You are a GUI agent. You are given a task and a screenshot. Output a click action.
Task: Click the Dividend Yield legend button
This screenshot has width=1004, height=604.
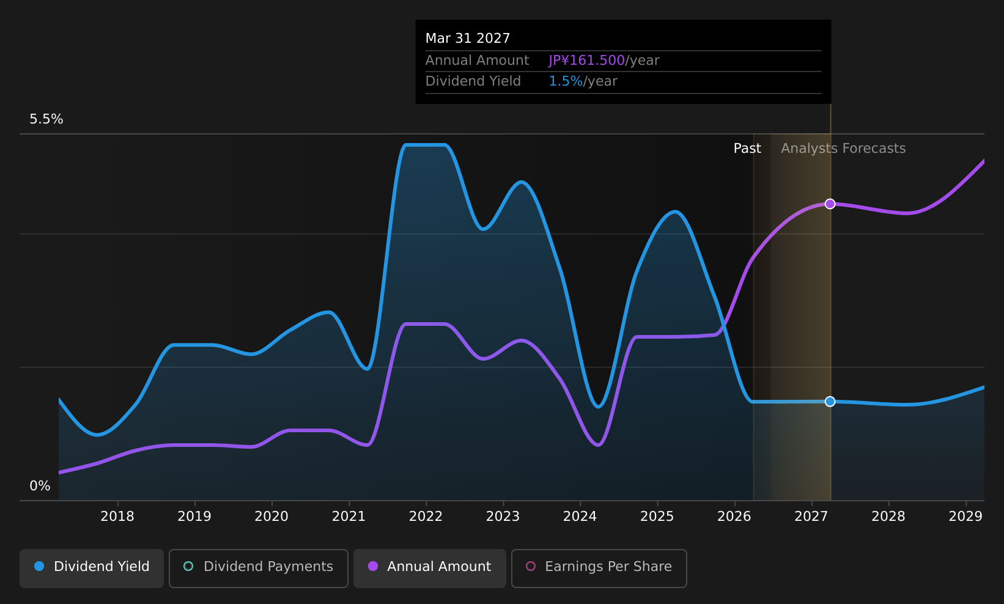coord(92,568)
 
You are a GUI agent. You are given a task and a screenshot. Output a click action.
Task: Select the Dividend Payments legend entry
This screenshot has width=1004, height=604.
coord(259,568)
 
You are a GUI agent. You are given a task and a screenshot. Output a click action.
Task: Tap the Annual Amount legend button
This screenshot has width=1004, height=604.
coord(429,568)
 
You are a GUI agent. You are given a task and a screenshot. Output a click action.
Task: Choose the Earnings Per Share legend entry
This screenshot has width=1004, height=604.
coord(599,568)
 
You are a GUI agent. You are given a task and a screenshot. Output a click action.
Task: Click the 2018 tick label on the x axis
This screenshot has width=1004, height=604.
coord(117,517)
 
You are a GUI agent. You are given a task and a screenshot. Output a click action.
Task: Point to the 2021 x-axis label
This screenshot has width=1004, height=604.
coord(349,517)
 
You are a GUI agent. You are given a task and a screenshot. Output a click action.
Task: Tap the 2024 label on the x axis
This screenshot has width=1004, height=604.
coord(580,517)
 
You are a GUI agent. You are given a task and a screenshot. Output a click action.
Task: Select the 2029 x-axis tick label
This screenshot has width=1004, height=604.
coord(966,517)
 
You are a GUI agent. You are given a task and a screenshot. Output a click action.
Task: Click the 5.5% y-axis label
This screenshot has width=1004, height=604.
coord(46,119)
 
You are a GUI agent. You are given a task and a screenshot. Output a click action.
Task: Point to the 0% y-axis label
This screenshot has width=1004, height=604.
coord(40,486)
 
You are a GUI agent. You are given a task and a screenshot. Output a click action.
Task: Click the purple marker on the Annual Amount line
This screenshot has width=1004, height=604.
coord(830,204)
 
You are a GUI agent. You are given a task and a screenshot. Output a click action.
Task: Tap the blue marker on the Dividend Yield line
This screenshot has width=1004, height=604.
coord(830,402)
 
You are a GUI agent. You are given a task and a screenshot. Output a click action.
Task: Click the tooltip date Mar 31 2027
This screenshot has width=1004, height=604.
coord(468,39)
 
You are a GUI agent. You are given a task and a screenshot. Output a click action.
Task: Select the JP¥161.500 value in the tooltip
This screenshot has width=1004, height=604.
coord(587,61)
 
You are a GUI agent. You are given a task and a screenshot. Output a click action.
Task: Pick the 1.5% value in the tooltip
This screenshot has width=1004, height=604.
coord(566,81)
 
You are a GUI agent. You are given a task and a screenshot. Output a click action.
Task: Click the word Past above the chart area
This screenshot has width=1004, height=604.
coord(747,149)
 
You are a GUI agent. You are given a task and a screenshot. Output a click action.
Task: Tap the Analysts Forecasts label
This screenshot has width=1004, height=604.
coord(843,149)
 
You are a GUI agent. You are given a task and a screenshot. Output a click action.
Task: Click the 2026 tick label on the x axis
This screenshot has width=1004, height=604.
coord(734,517)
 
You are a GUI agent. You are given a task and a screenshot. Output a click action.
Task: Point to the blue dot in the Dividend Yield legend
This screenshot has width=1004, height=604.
coord(40,566)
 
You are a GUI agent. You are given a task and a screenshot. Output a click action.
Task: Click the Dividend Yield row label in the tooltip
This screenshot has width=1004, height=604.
coord(473,81)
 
